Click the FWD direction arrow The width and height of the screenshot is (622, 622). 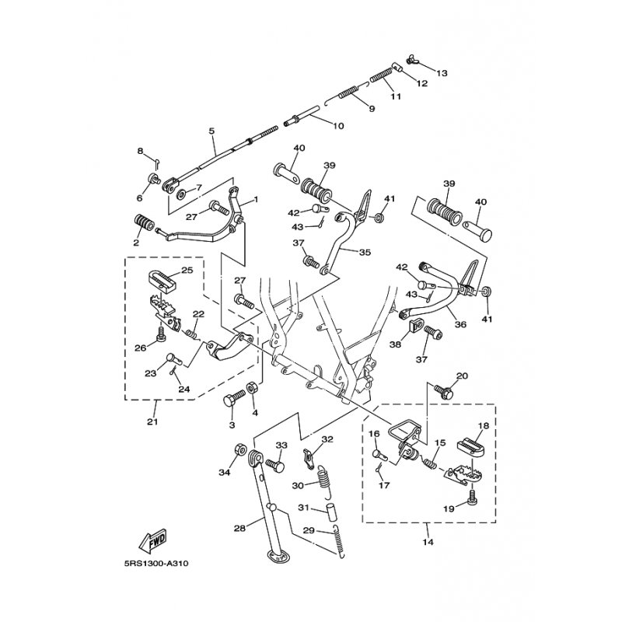click(x=152, y=540)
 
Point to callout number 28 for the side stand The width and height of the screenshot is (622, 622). click(x=239, y=528)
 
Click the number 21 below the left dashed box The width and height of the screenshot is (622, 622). click(x=152, y=421)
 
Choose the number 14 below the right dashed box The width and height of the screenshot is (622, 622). click(x=428, y=541)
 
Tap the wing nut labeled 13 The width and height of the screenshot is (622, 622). click(x=411, y=61)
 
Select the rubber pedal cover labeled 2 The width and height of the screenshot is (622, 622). click(x=144, y=223)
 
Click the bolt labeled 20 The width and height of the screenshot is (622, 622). click(x=443, y=391)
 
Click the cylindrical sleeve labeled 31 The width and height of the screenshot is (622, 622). click(x=331, y=512)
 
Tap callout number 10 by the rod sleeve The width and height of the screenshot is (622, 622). click(x=338, y=126)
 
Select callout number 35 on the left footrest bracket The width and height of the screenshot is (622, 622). click(x=365, y=252)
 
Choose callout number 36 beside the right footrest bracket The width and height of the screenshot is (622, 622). click(x=460, y=324)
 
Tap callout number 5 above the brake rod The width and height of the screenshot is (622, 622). click(x=211, y=131)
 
